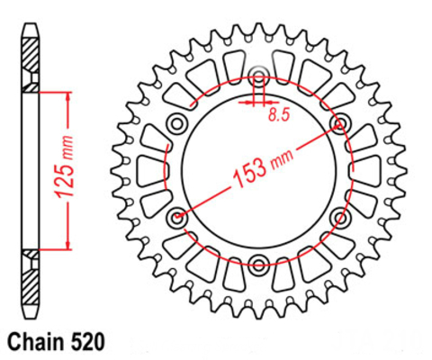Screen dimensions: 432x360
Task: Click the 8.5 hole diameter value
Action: [279, 114]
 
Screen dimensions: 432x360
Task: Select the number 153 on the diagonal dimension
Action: [249, 175]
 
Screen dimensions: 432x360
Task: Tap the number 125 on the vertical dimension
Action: [65, 180]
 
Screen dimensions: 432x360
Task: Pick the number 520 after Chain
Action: [87, 342]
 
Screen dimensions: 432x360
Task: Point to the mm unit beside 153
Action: [282, 158]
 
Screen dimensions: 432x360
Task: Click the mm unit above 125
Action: [67, 147]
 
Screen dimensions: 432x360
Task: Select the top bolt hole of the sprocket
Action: [258, 76]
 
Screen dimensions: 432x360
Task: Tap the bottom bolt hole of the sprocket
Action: [258, 265]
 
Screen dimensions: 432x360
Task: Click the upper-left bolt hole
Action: [177, 123]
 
